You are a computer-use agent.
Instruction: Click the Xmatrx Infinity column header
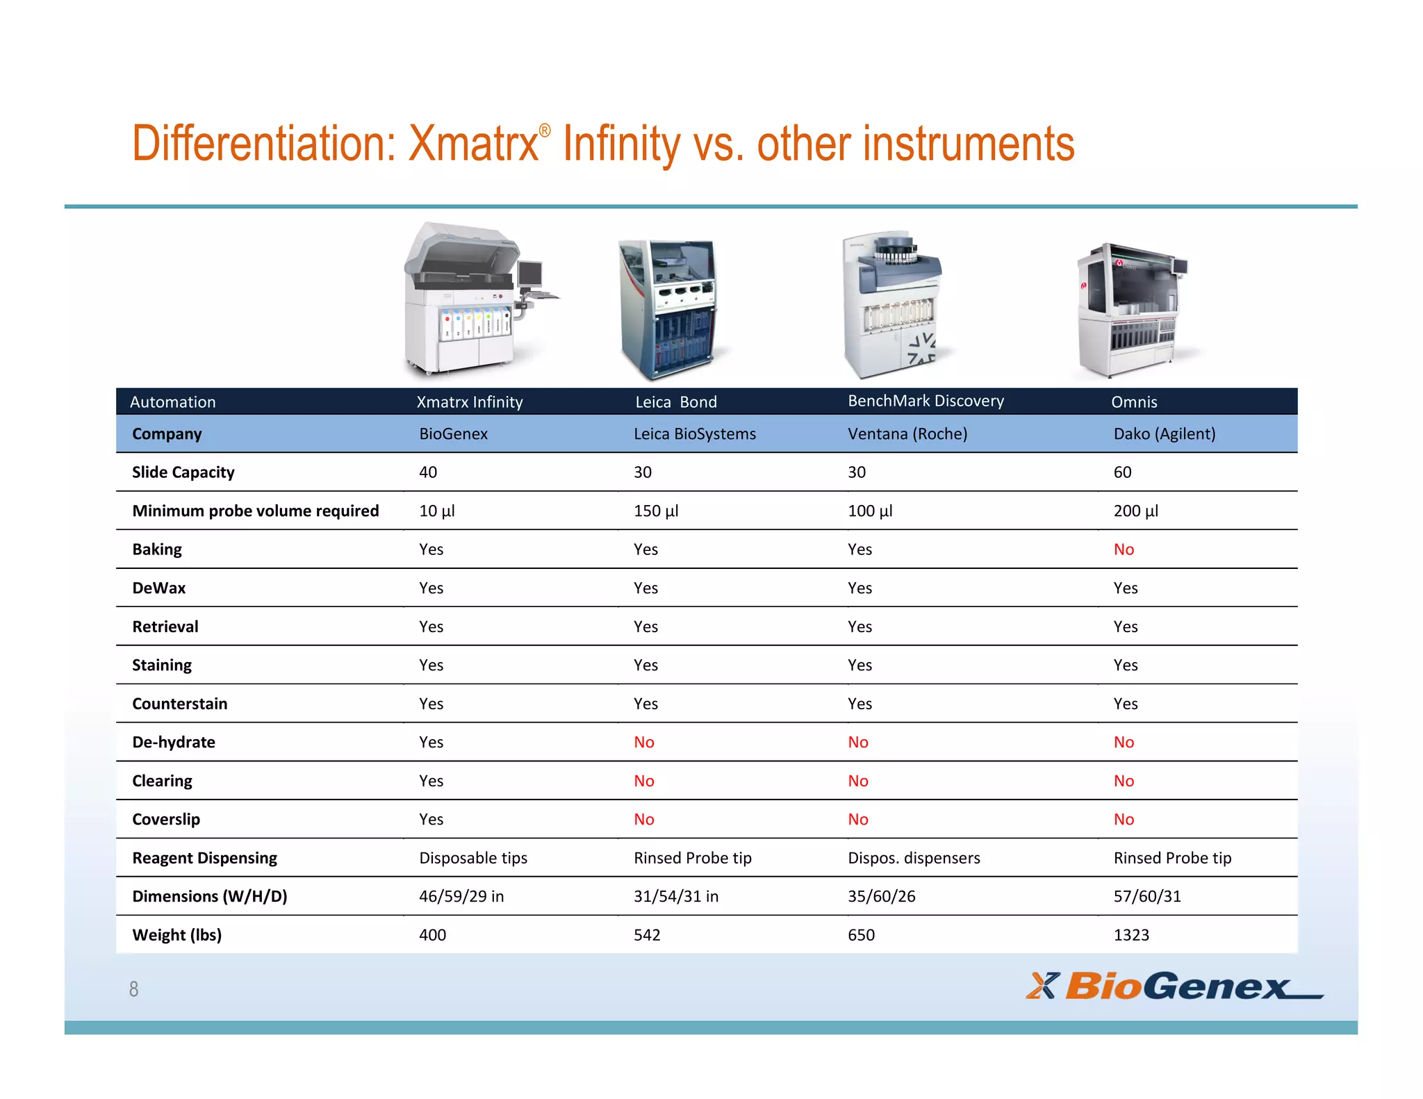click(469, 402)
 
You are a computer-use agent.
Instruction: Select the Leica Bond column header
click(675, 402)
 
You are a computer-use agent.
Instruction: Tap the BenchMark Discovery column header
click(926, 401)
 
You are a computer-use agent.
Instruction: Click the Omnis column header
click(1134, 402)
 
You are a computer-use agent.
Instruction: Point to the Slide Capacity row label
click(183, 472)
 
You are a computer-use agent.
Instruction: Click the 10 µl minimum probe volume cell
click(436, 511)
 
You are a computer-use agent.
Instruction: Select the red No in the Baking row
click(1124, 549)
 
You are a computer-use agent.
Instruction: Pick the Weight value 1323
click(1131, 935)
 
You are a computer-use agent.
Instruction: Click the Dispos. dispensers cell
click(914, 858)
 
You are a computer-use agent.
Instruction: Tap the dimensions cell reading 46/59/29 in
click(461, 896)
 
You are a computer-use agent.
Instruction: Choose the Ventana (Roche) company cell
click(907, 434)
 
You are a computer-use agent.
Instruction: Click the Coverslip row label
click(166, 820)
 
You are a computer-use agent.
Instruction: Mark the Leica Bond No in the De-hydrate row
click(644, 743)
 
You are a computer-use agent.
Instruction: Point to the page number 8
click(133, 989)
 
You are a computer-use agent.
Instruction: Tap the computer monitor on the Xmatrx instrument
click(530, 273)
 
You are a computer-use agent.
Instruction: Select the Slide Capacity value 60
click(1122, 472)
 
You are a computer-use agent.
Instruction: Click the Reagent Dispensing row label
click(204, 858)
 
